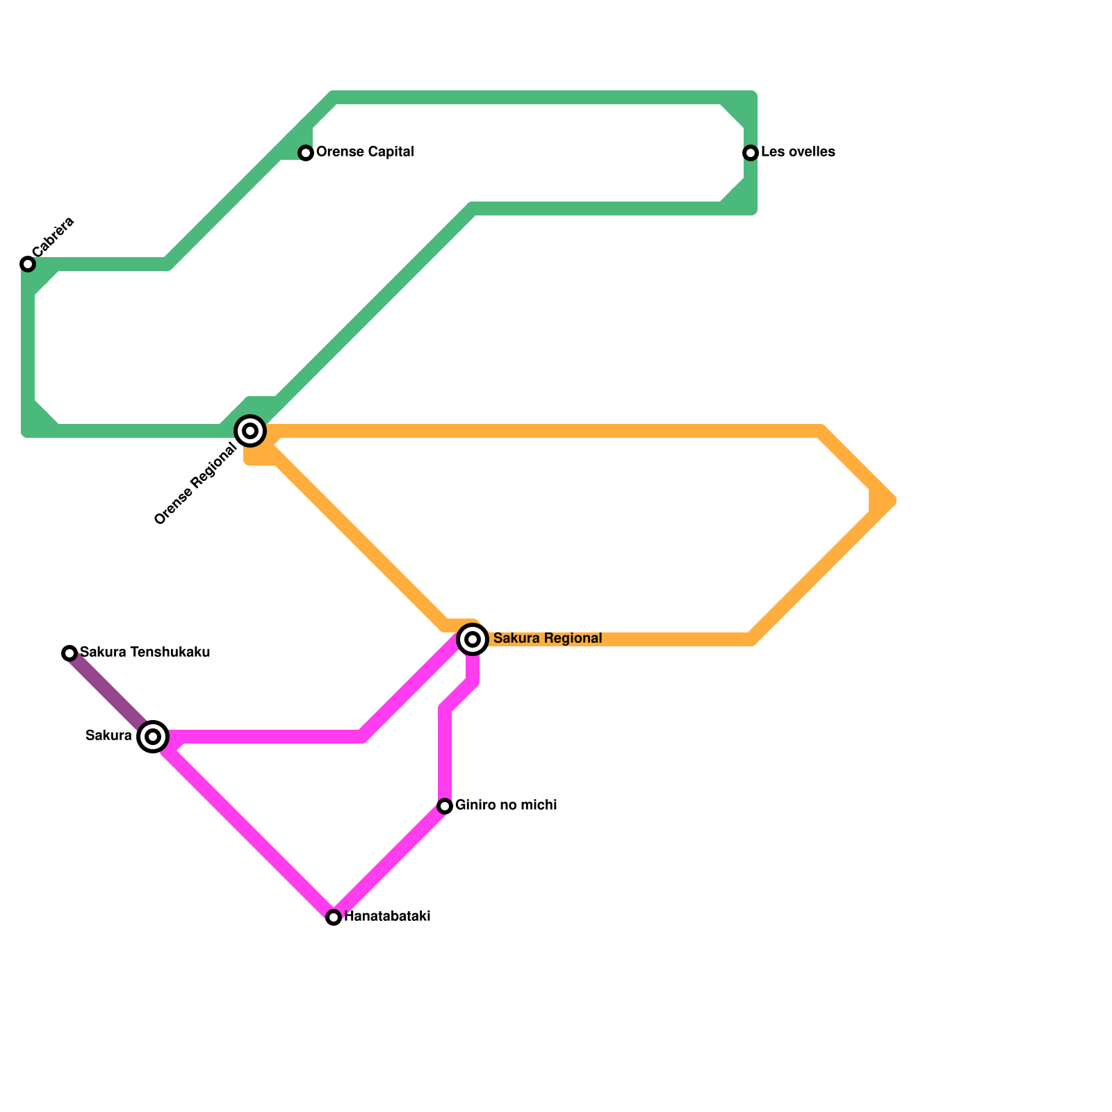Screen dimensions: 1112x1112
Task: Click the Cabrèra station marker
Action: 28,264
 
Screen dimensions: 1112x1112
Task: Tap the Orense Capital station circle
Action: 306,153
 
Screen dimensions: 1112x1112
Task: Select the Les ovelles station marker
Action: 751,153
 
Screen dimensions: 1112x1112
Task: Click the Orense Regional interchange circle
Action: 251,431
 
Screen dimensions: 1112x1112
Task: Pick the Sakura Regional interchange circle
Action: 473,639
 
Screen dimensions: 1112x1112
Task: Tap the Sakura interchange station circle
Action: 154,737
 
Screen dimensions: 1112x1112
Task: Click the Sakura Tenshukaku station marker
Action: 69,653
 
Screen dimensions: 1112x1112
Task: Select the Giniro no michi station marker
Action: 445,806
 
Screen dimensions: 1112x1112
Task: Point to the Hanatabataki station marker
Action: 334,917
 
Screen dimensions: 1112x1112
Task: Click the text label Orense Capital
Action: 365,152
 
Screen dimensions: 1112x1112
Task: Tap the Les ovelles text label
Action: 798,152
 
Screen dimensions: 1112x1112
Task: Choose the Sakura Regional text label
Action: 548,639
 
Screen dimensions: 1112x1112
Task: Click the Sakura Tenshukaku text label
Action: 145,653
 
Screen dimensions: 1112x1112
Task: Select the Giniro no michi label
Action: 506,806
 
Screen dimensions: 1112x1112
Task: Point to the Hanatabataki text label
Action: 387,917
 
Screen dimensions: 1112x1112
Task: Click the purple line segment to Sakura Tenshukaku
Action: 108,692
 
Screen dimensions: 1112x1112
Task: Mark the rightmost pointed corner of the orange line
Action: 892,500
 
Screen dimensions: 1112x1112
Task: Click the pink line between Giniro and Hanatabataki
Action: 389,862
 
